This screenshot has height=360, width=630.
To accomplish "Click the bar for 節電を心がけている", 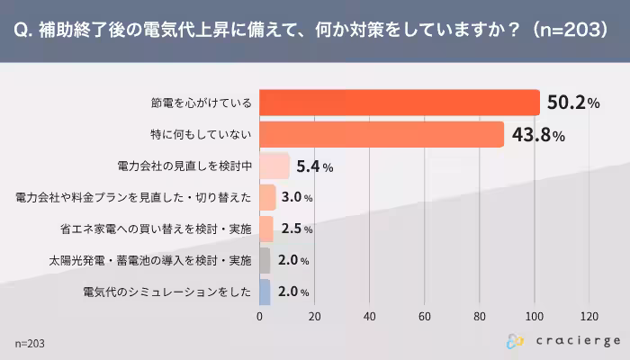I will [x=399, y=103].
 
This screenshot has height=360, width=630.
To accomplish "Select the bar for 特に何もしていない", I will [x=381, y=134].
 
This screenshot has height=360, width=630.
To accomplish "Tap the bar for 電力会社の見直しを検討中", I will [x=274, y=166].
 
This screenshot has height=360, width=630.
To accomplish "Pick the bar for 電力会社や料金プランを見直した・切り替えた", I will [x=267, y=197].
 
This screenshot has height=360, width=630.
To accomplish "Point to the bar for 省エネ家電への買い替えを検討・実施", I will [x=266, y=229].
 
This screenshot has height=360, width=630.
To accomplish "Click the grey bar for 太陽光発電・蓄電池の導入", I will [x=265, y=260].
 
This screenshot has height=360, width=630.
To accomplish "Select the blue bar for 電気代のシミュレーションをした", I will [x=265, y=292].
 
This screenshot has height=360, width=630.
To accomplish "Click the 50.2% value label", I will [x=572, y=103].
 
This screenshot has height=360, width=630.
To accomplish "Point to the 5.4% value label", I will [x=315, y=166].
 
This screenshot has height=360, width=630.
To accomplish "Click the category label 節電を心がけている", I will [x=201, y=103].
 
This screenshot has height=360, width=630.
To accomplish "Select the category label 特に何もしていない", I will [x=201, y=134].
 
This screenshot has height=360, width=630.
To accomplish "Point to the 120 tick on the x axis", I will [x=589, y=317].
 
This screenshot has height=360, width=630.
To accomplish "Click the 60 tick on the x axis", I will [x=425, y=317].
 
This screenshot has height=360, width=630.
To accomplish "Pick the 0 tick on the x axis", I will [x=260, y=317].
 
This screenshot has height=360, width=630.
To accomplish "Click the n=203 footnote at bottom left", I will [x=30, y=344].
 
